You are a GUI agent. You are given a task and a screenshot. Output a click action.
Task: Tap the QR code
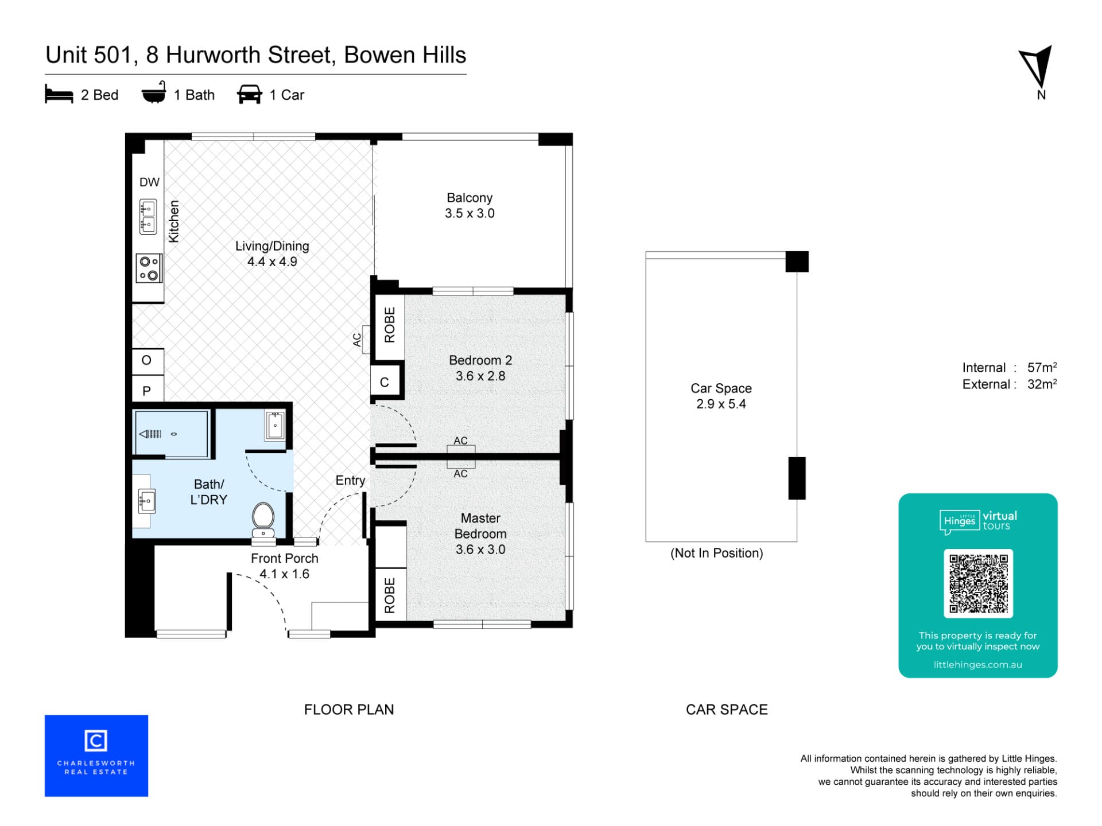click(x=978, y=583)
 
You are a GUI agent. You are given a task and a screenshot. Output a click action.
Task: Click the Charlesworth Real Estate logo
click(x=96, y=755)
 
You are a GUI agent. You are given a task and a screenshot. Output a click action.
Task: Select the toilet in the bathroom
click(x=263, y=520)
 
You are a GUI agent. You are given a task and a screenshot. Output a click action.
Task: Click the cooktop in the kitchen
click(x=149, y=268)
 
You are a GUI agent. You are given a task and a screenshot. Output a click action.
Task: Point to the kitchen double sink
click(x=148, y=216)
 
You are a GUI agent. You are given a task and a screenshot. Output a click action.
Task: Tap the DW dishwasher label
click(x=149, y=182)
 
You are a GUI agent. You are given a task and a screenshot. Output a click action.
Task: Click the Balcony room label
click(x=469, y=197)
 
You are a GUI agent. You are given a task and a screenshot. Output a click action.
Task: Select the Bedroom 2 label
click(x=480, y=360)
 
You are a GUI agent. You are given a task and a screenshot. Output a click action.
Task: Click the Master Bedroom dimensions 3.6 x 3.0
click(x=480, y=550)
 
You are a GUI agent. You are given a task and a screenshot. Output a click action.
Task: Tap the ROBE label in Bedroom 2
click(x=390, y=325)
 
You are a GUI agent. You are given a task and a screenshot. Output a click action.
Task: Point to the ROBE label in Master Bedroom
click(x=390, y=595)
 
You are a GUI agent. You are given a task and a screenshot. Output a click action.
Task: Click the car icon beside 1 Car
click(x=250, y=95)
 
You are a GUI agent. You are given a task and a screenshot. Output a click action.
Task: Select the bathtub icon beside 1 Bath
click(x=154, y=92)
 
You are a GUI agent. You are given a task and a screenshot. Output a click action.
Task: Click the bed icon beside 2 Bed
click(x=59, y=95)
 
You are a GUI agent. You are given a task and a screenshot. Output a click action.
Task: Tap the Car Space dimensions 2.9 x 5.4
click(x=721, y=404)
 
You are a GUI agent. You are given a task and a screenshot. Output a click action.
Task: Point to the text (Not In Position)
click(x=717, y=553)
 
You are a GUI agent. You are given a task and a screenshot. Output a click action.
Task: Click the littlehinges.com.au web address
click(x=977, y=665)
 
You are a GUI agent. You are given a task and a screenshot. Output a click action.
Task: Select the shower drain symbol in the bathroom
click(x=174, y=434)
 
